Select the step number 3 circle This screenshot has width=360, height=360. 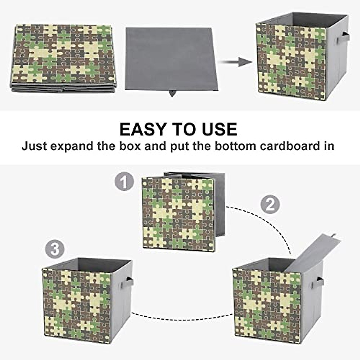point(55,250)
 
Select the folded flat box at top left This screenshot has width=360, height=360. point(63,57)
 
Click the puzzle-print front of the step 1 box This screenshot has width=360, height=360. point(177,213)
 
